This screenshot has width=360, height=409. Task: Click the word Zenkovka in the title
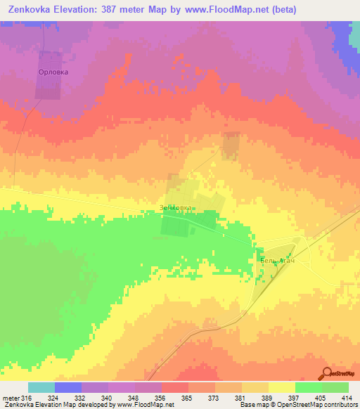point(30,10)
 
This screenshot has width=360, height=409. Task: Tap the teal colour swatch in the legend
point(41,387)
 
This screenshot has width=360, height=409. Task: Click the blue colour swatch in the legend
point(68,387)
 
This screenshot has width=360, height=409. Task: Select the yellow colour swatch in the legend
point(282,387)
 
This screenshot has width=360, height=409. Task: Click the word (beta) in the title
point(280,10)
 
